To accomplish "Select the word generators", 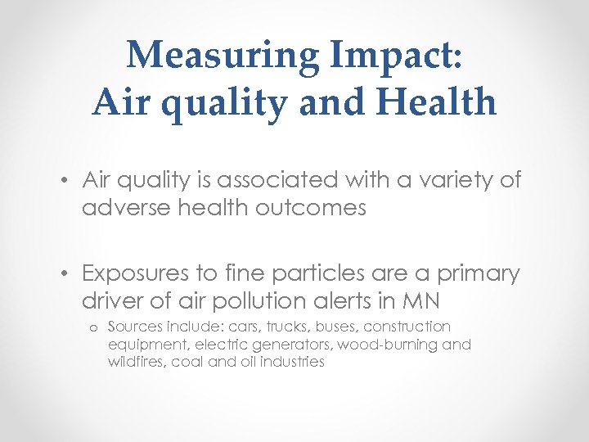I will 290,344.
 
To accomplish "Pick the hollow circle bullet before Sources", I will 94,328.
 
